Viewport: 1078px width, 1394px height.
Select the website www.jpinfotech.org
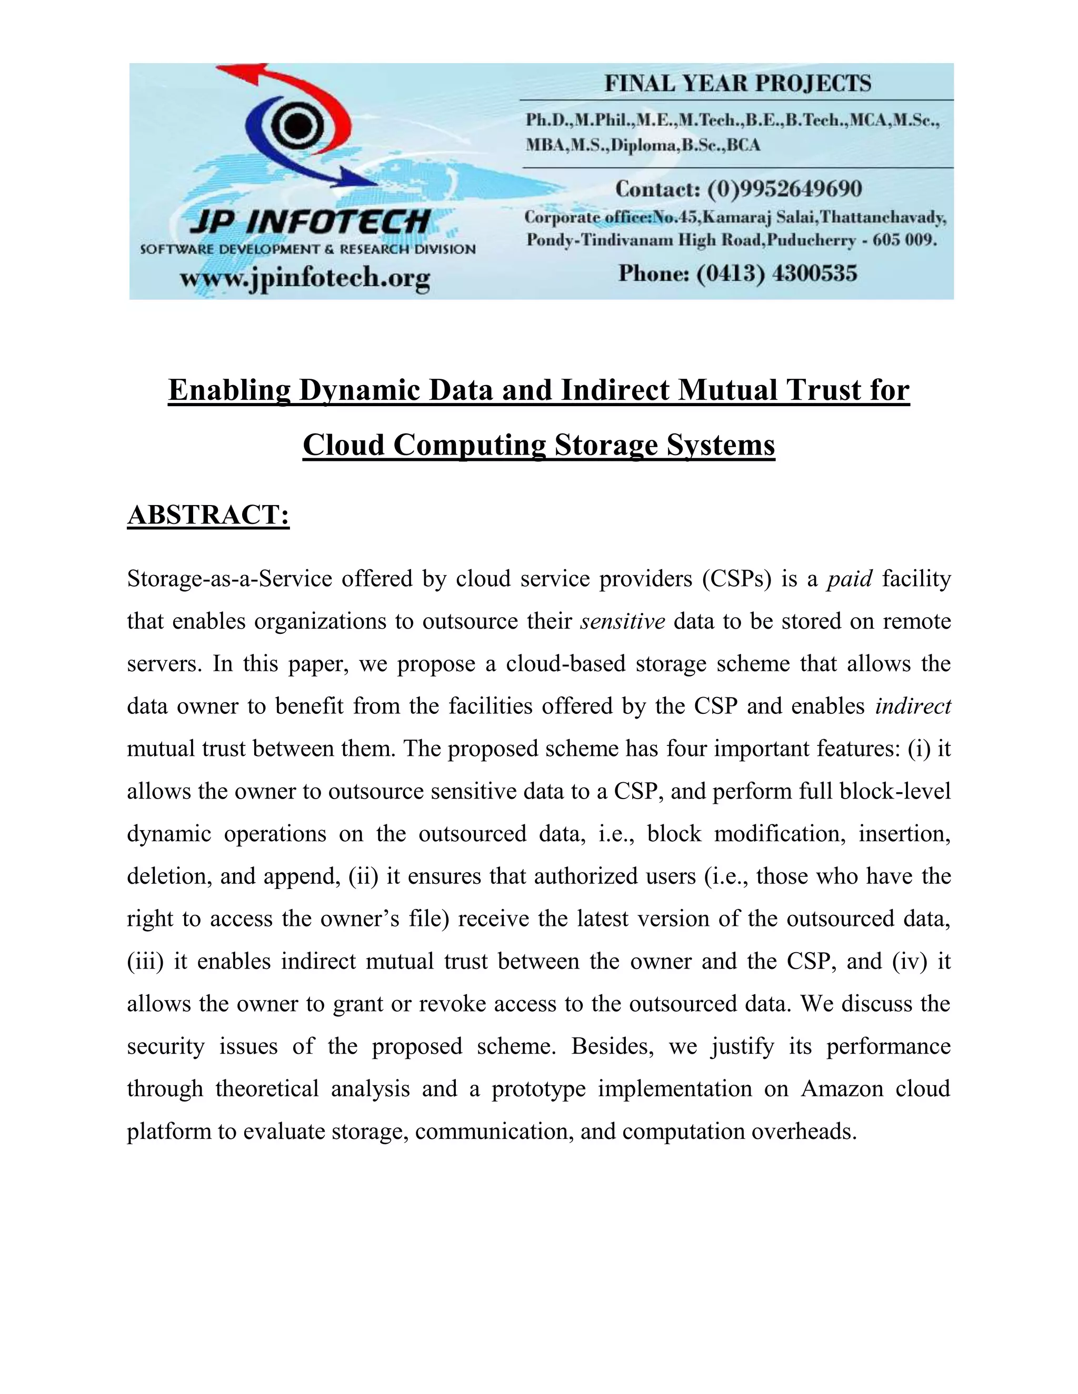[x=305, y=278]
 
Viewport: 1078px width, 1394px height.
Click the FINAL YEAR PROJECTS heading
[x=737, y=84]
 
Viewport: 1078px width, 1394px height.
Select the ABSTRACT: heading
[x=208, y=515]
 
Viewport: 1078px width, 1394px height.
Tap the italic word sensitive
[x=622, y=621]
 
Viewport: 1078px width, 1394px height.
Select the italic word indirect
[x=913, y=706]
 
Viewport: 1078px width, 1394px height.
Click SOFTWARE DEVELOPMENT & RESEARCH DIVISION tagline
[x=308, y=249]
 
